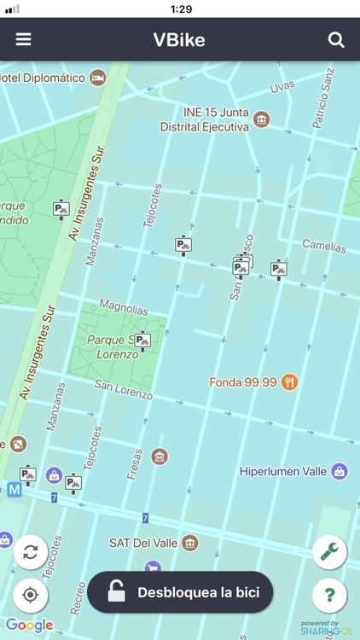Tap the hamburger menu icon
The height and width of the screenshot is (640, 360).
pyautogui.click(x=23, y=39)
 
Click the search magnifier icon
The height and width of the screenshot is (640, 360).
pyautogui.click(x=336, y=39)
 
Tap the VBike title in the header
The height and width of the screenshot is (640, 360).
pyautogui.click(x=179, y=39)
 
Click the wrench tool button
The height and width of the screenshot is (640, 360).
pyautogui.click(x=329, y=551)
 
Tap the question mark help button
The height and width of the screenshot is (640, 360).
pyautogui.click(x=329, y=595)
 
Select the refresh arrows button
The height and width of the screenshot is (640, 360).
pyautogui.click(x=31, y=551)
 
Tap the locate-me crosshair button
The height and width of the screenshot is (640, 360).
pyautogui.click(x=31, y=595)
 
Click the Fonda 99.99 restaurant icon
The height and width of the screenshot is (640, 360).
pyautogui.click(x=290, y=382)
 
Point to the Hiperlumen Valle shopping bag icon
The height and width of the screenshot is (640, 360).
pyautogui.click(x=340, y=471)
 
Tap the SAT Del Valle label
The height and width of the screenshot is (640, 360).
pyautogui.click(x=142, y=543)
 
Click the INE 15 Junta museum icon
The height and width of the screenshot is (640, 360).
pyautogui.click(x=262, y=119)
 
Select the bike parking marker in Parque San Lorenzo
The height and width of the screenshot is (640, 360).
pyautogui.click(x=142, y=341)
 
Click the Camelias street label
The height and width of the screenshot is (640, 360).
pyautogui.click(x=324, y=246)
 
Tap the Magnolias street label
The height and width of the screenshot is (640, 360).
pyautogui.click(x=124, y=307)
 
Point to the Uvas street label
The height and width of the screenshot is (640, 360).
pyautogui.click(x=282, y=87)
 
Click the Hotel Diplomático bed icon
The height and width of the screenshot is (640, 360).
pyautogui.click(x=98, y=78)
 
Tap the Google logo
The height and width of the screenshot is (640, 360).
pyautogui.click(x=29, y=625)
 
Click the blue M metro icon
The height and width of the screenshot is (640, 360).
pyautogui.click(x=14, y=490)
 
